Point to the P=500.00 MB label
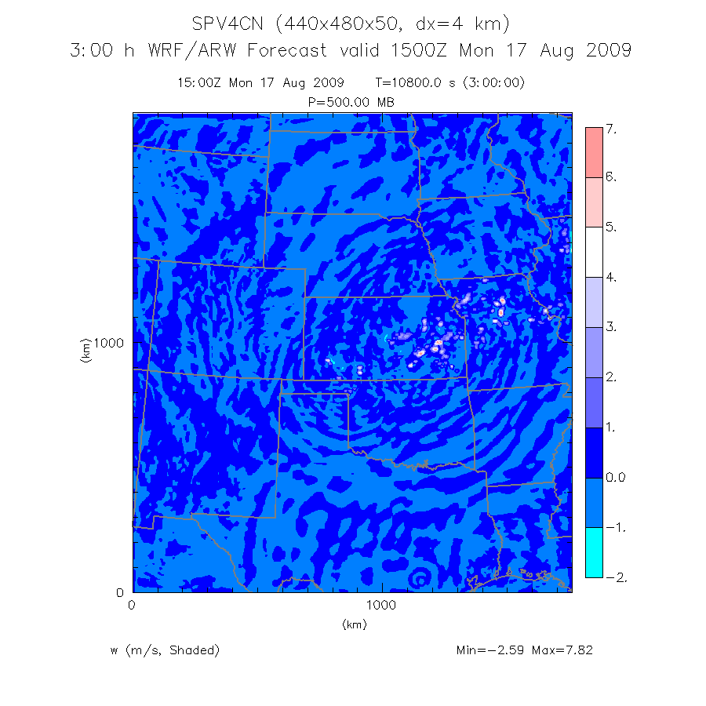[x=352, y=103]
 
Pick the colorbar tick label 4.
[x=612, y=278]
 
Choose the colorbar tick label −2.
[x=614, y=577]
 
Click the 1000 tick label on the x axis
[x=381, y=605]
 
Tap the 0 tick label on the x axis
[x=132, y=605]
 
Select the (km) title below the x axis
[x=354, y=624]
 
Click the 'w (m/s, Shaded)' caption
[x=166, y=650]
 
